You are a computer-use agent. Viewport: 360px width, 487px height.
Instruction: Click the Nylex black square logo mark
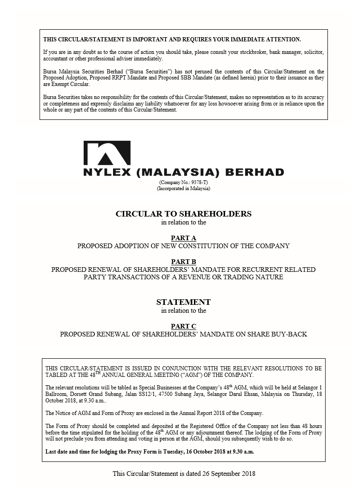tap(107, 153)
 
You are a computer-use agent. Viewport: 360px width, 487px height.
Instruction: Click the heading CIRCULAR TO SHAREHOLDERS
tap(183, 214)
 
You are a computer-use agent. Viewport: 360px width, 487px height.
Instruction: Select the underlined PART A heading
tap(183, 238)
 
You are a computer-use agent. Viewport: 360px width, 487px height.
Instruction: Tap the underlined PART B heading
tap(183, 262)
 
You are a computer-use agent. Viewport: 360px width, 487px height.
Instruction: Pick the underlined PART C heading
tap(183, 326)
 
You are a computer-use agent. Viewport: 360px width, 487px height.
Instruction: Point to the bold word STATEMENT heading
tap(183, 302)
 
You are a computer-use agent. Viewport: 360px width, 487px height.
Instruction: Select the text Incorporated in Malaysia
tap(184, 189)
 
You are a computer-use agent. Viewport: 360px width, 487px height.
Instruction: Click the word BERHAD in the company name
tap(254, 172)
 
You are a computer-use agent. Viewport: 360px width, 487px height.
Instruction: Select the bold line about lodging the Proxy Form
tap(149, 451)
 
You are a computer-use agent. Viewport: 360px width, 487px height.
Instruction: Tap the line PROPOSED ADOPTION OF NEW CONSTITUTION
tap(183, 246)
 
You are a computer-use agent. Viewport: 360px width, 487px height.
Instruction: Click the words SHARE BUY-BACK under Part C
tap(284, 334)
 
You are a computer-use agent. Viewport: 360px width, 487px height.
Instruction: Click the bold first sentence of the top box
tap(172, 39)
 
